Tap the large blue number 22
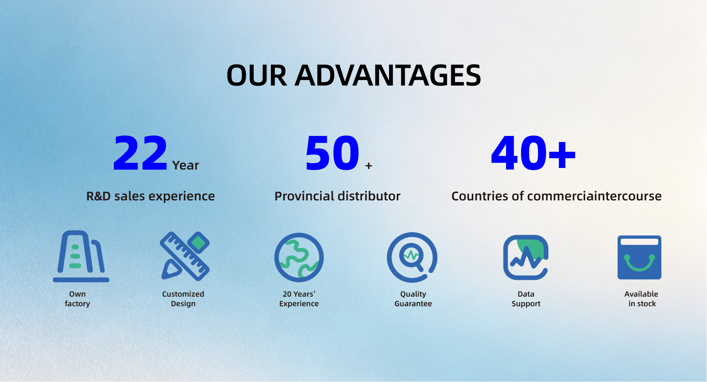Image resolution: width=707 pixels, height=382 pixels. click(x=140, y=153)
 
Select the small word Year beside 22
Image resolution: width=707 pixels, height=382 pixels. click(x=185, y=165)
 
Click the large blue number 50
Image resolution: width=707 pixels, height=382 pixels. click(x=332, y=153)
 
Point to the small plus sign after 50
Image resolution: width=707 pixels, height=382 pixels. click(x=369, y=166)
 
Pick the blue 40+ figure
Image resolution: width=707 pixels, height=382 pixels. click(x=533, y=153)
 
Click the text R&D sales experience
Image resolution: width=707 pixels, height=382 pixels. click(x=151, y=196)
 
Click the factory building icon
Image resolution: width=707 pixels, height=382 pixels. click(x=81, y=256)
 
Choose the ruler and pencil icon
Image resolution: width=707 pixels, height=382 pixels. click(x=185, y=256)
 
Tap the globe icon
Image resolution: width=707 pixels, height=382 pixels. click(x=299, y=257)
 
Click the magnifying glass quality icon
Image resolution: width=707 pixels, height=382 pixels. click(x=412, y=257)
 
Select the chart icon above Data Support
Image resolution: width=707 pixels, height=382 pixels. click(x=526, y=257)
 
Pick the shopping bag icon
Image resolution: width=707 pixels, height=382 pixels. click(x=639, y=257)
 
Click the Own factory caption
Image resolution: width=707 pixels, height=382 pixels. click(x=77, y=299)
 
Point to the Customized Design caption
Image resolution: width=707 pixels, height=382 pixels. click(x=183, y=299)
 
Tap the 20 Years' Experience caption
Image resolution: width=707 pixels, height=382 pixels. click(x=299, y=299)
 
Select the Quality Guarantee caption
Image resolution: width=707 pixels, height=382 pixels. click(x=413, y=299)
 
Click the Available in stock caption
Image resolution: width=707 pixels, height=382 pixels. click(x=641, y=299)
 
